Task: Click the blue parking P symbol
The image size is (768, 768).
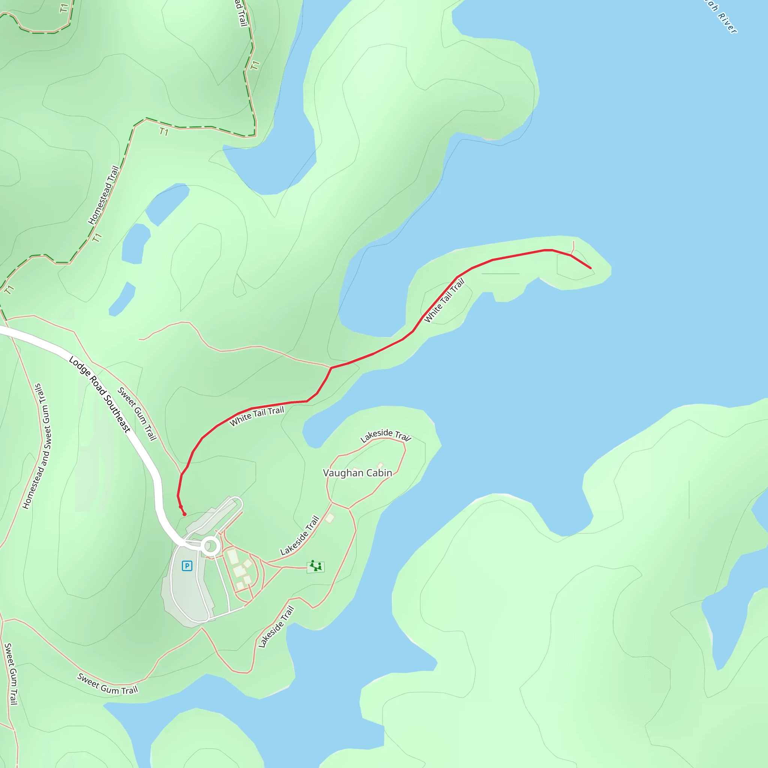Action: [x=187, y=565]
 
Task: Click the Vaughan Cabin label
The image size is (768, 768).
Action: [x=357, y=473]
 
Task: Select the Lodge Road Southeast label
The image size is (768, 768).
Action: [x=100, y=394]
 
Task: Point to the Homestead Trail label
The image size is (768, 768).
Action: [x=103, y=195]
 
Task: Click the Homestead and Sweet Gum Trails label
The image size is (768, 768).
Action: [x=37, y=446]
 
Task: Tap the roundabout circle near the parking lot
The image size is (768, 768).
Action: [x=211, y=547]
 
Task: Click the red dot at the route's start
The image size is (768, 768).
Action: [x=184, y=514]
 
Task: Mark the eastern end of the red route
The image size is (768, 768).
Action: [x=591, y=268]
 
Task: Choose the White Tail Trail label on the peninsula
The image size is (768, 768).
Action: [x=444, y=301]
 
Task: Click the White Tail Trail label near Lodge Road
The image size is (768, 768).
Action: [x=257, y=416]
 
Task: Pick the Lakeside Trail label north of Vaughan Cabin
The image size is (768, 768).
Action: [x=385, y=435]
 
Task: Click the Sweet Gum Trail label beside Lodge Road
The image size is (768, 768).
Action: [x=137, y=414]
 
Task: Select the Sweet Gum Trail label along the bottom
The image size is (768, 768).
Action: [x=107, y=684]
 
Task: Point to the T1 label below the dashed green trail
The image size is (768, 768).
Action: [x=164, y=132]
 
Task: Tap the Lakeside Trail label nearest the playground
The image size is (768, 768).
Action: [x=300, y=535]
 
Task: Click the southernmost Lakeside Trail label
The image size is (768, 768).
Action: [x=276, y=627]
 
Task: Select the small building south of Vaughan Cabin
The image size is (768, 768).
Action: [x=330, y=518]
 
